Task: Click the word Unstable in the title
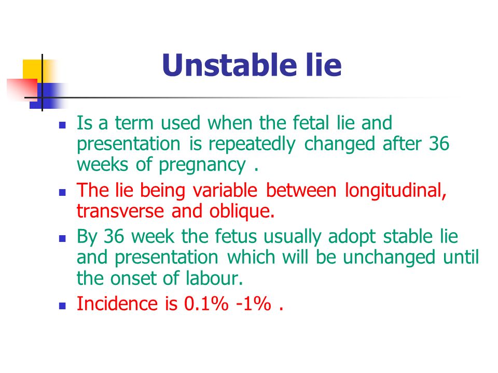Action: pos(230,65)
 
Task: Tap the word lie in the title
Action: pos(324,65)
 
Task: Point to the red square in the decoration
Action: pos(22,89)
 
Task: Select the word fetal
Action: pos(311,123)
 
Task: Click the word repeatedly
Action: pos(252,145)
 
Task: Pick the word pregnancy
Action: pos(202,165)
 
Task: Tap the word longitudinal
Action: pos(396,191)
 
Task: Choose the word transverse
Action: pos(120,211)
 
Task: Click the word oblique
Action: pos(242,211)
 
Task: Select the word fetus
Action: pos(236,237)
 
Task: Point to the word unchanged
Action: pos(389,257)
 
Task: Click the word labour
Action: pos(214,278)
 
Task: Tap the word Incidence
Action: pos(117,304)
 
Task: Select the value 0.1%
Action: pos(206,304)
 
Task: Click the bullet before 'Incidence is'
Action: pos(62,306)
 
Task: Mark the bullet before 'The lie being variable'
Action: pos(62,193)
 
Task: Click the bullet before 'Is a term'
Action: pos(62,125)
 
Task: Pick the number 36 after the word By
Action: pos(114,237)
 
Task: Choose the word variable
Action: pos(225,191)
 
